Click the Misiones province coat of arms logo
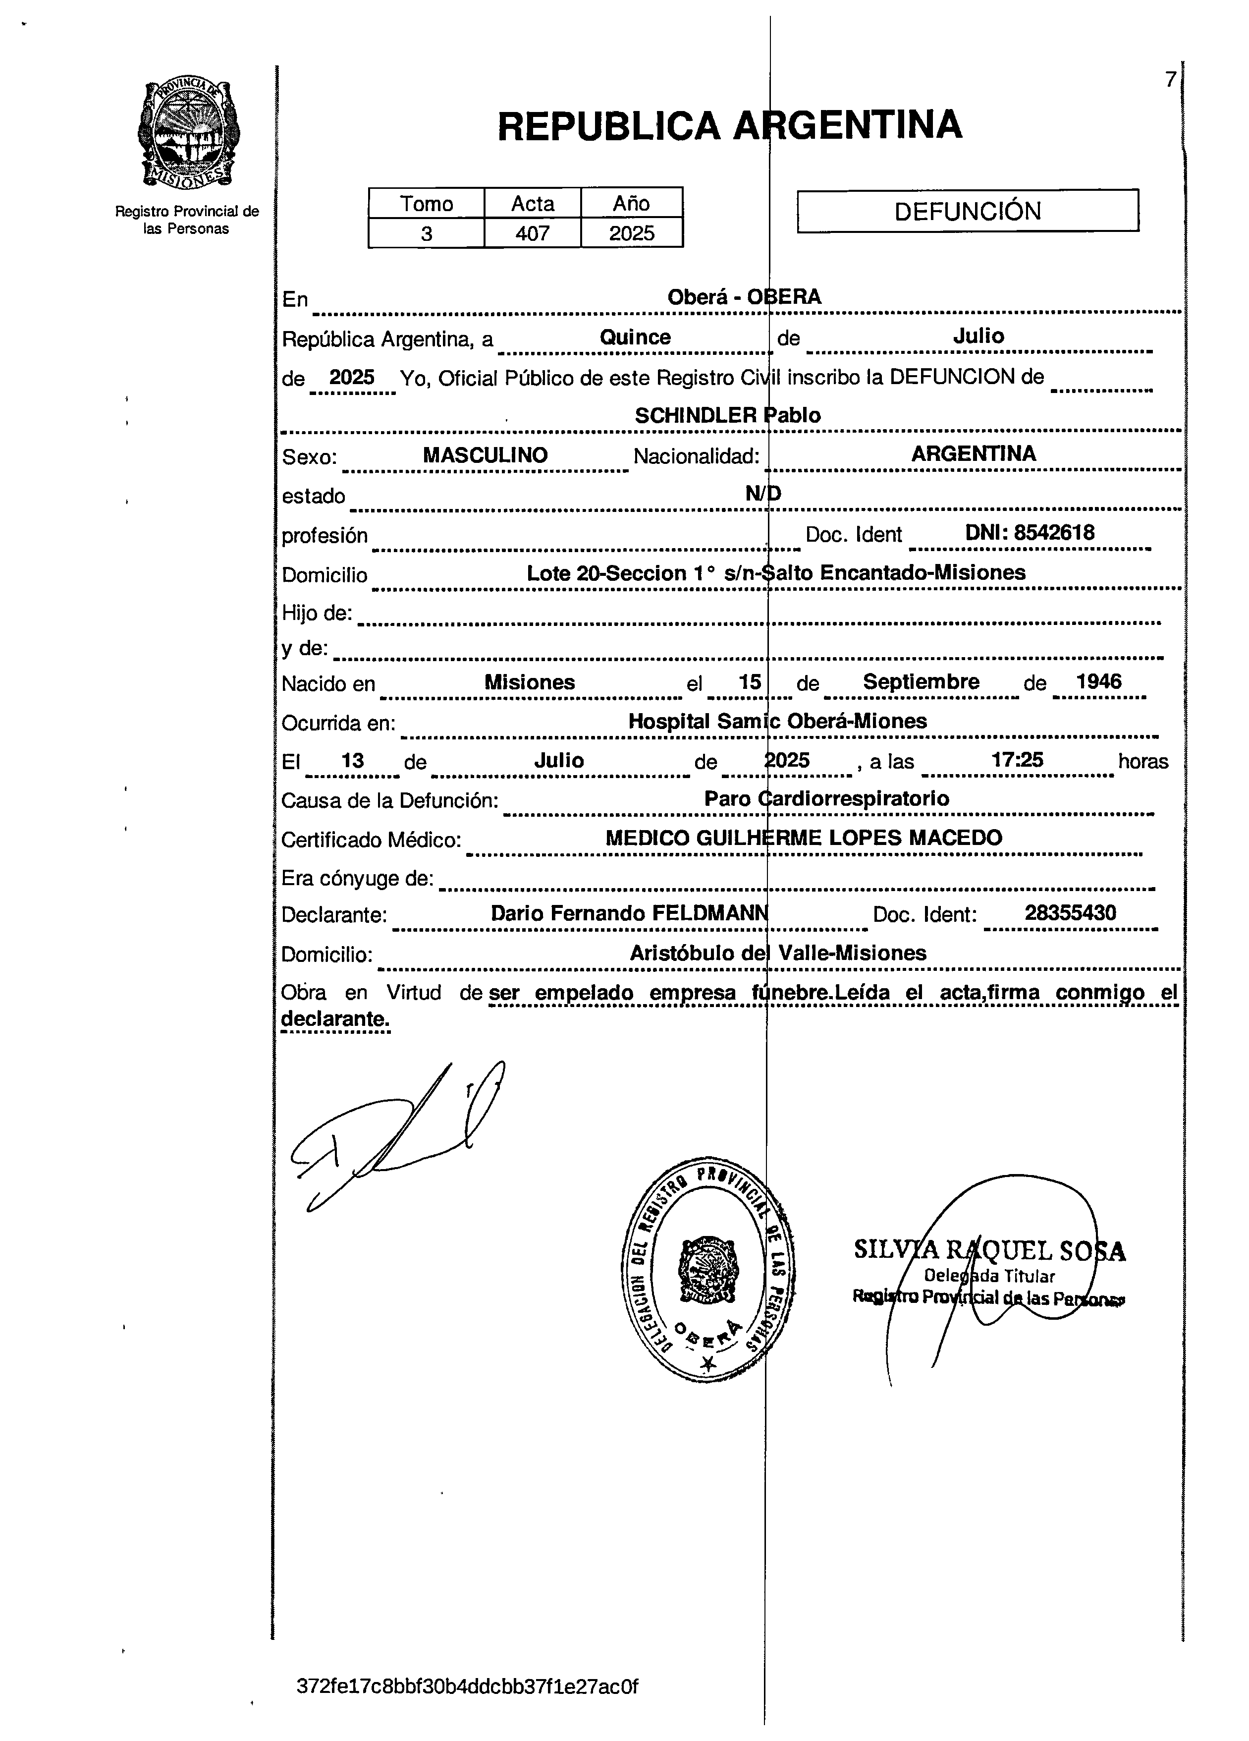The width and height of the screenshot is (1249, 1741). click(x=187, y=134)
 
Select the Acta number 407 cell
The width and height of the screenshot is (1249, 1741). click(x=533, y=232)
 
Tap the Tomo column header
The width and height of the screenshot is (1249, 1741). click(x=427, y=203)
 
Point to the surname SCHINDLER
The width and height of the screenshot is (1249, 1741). click(x=695, y=415)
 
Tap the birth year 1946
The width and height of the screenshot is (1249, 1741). click(x=1098, y=681)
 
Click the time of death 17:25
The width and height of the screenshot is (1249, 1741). click(x=1017, y=760)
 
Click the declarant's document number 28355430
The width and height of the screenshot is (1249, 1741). click(x=1070, y=913)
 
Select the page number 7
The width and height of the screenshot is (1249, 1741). click(x=1170, y=79)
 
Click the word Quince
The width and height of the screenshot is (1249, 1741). click(x=635, y=337)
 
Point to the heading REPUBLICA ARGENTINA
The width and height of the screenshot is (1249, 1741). click(x=730, y=125)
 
